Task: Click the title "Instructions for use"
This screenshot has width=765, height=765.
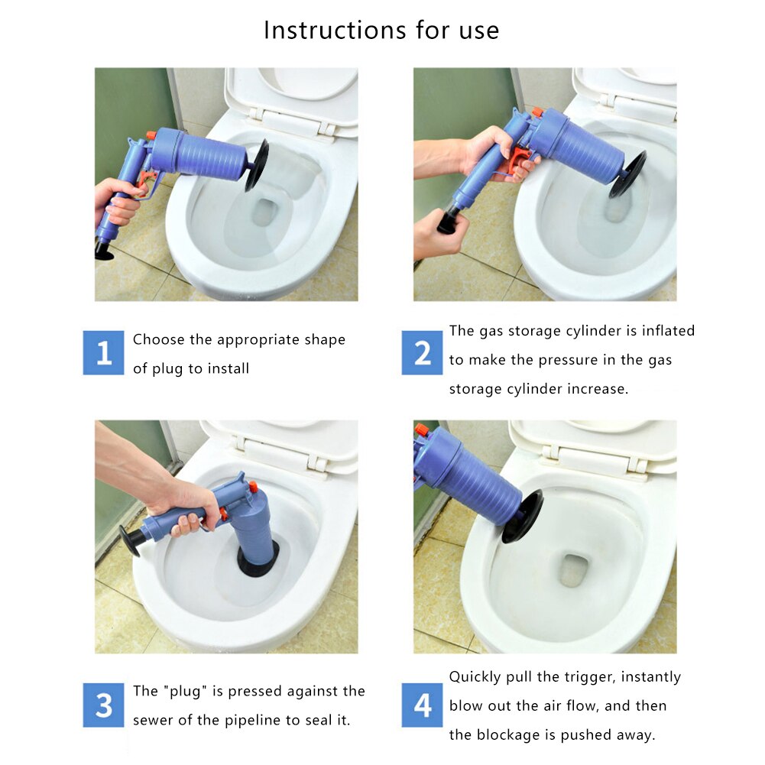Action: [381, 31]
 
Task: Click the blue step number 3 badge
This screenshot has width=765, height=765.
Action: [103, 705]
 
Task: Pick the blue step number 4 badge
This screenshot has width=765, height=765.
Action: [422, 705]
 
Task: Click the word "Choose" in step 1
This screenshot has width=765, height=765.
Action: [157, 340]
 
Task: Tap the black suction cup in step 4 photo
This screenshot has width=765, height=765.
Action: [522, 517]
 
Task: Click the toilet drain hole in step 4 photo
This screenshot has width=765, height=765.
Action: [572, 570]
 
